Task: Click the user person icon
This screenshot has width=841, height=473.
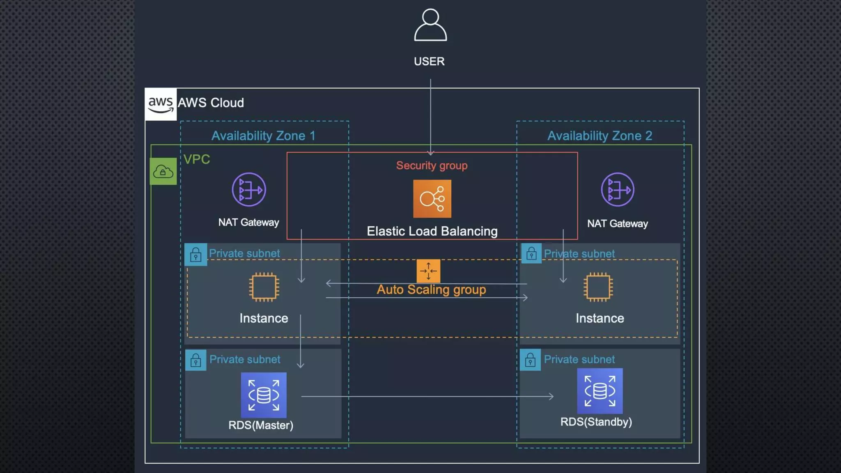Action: click(x=430, y=25)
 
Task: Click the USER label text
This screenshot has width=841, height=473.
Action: click(x=429, y=62)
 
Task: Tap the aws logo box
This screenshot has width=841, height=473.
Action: click(x=161, y=104)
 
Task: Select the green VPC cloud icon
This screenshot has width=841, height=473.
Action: click(x=163, y=171)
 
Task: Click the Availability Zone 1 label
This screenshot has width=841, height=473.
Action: click(x=263, y=136)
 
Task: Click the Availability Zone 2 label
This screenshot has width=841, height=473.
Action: click(x=600, y=136)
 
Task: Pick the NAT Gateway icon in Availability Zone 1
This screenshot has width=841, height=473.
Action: click(x=249, y=190)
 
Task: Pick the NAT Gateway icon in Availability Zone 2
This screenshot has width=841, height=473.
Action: click(x=618, y=190)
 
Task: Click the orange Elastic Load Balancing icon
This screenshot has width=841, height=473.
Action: click(x=432, y=199)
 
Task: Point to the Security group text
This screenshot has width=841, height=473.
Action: click(x=432, y=165)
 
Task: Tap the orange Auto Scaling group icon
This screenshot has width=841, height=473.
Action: click(x=428, y=271)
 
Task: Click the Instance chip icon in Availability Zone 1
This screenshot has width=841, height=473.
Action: click(x=264, y=287)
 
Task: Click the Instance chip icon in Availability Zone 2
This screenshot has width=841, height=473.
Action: click(x=598, y=287)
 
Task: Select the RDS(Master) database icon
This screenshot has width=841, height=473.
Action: click(x=264, y=395)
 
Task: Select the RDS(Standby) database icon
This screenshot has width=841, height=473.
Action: click(x=600, y=391)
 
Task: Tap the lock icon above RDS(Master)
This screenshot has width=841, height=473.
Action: click(x=195, y=360)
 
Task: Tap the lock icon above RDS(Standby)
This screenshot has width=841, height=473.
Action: click(x=530, y=360)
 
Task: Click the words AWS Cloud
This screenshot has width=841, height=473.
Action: click(x=211, y=103)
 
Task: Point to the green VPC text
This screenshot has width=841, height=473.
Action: click(x=197, y=159)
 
